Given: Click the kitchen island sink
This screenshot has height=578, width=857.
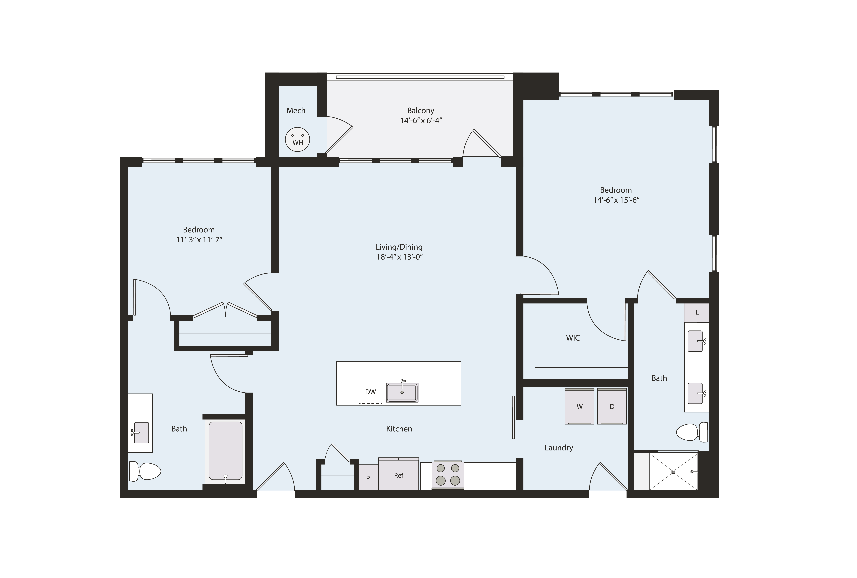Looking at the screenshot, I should [402, 393].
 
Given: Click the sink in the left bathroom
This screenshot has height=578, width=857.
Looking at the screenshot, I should [141, 432].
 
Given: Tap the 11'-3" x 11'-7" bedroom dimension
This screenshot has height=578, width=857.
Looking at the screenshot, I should [199, 240].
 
